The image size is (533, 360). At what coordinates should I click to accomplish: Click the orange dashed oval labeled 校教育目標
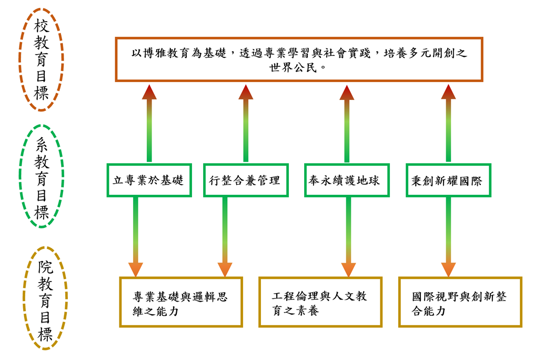click(19, 59)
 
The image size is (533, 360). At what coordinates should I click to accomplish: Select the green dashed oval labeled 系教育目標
click(19, 176)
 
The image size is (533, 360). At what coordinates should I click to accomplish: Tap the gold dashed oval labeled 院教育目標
click(24, 298)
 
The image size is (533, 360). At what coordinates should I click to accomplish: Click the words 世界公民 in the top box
click(293, 68)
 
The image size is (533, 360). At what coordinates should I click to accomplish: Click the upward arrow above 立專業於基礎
click(149, 123)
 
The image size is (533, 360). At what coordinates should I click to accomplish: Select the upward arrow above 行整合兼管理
click(246, 123)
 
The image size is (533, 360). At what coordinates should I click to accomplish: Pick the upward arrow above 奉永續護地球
click(347, 123)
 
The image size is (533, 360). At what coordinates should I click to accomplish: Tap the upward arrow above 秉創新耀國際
click(448, 123)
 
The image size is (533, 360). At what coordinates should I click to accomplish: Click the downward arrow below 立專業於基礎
click(136, 237)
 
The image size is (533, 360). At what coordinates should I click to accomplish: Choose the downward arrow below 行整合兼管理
click(225, 237)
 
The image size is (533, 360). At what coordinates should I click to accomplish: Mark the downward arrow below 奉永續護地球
click(348, 237)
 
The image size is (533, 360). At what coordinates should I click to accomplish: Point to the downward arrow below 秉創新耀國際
click(448, 237)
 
